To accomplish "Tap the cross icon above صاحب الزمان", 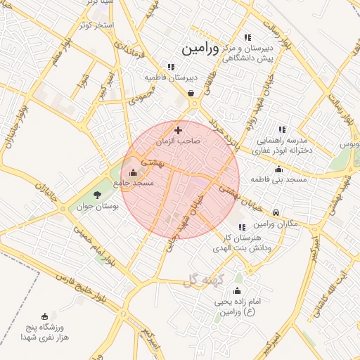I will click(x=178, y=130).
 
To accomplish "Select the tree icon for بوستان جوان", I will click(x=97, y=195).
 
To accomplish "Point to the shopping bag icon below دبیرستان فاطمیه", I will click(x=191, y=92).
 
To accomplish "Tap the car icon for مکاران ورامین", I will click(x=276, y=212).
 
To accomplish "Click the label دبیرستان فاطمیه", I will click(x=172, y=77).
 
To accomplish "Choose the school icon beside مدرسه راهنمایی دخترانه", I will click(x=282, y=129).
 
